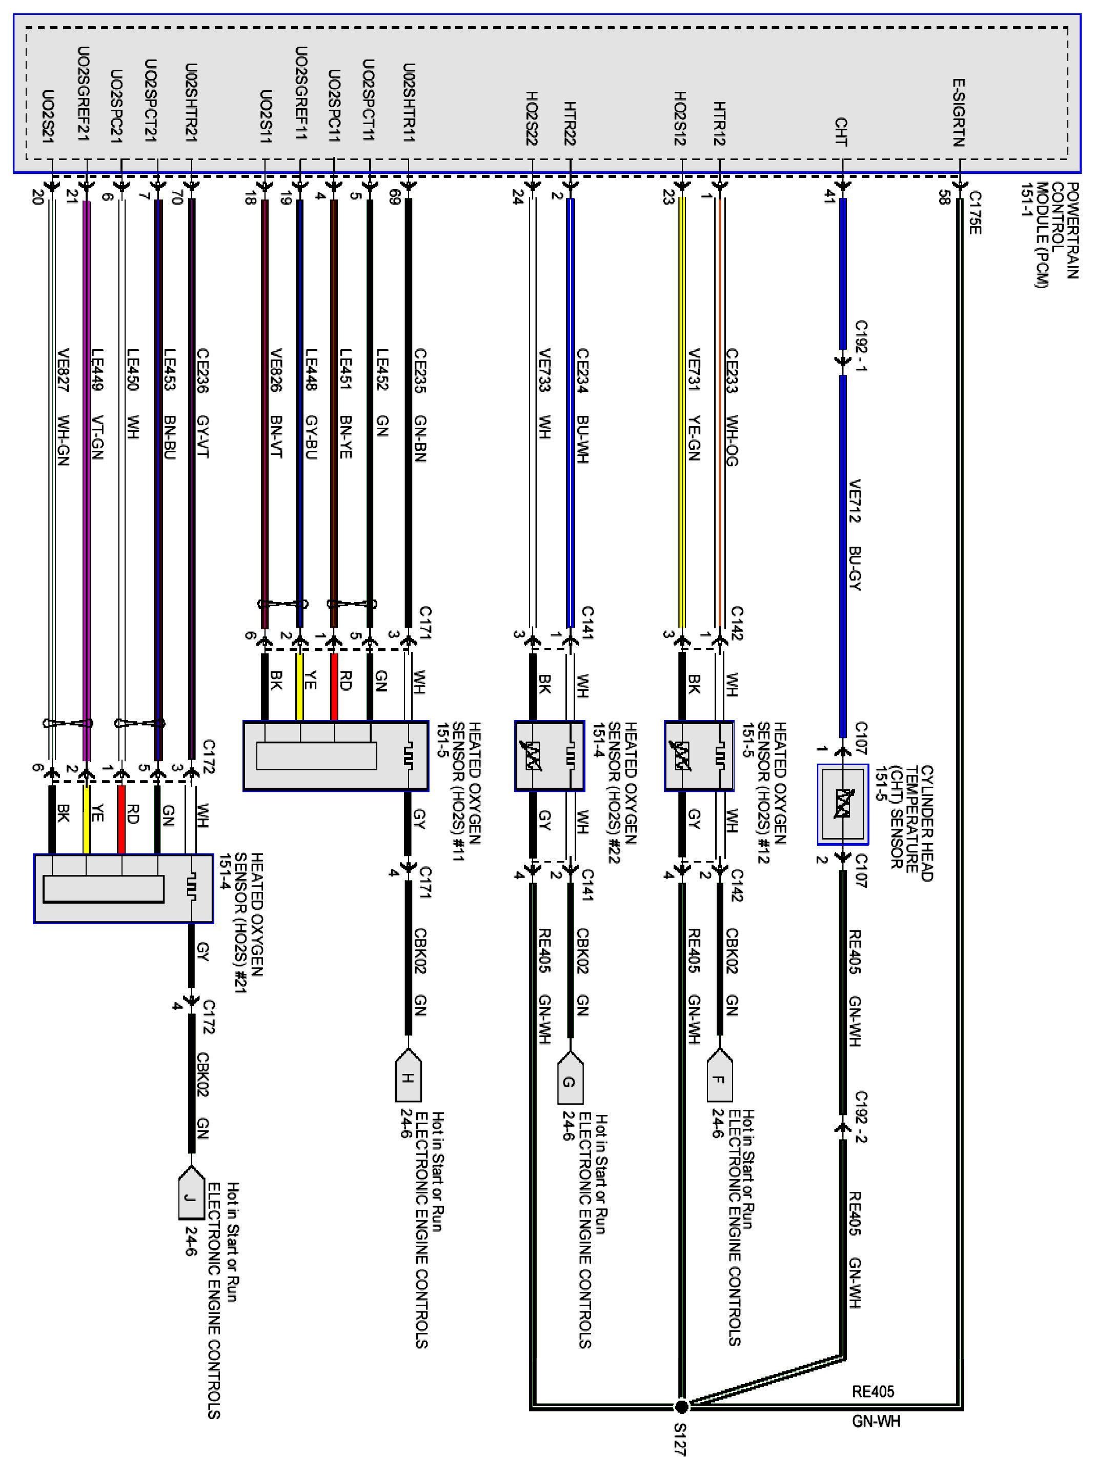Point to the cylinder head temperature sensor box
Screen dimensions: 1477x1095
click(x=842, y=805)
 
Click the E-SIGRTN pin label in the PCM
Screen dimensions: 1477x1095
click(x=959, y=113)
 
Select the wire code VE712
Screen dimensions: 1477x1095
click(x=855, y=501)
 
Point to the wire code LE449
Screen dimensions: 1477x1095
click(x=97, y=371)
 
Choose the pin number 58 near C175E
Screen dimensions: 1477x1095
click(x=943, y=197)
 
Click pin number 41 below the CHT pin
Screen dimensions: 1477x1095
click(x=828, y=197)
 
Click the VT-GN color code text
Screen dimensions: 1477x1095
click(x=97, y=437)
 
